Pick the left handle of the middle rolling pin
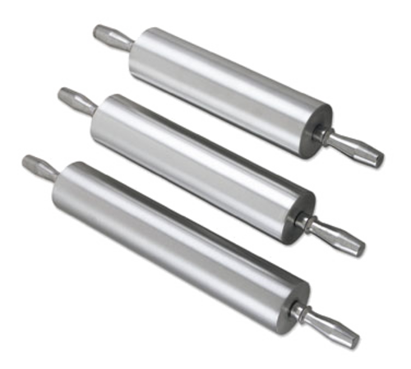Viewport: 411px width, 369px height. point(74,100)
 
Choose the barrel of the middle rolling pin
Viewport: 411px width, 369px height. point(197,160)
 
